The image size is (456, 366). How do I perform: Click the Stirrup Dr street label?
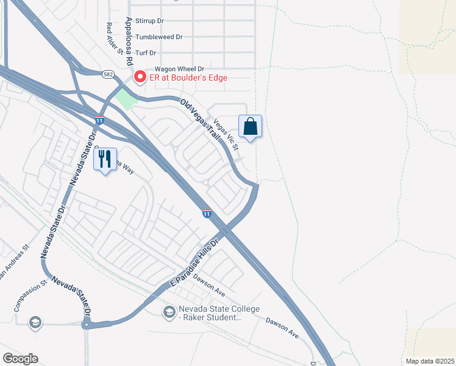pyautogui.click(x=150, y=21)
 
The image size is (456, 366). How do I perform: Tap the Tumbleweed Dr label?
pyautogui.click(x=159, y=37)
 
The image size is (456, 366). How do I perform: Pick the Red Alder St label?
pyautogui.click(x=110, y=38)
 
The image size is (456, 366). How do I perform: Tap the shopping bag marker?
pyautogui.click(x=250, y=127)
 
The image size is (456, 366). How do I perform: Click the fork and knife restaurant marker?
pyautogui.click(x=105, y=159)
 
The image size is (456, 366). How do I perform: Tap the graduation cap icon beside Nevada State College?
pyautogui.click(x=168, y=312)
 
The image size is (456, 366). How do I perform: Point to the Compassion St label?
pyautogui.click(x=30, y=296)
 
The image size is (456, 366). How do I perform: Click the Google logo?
pyautogui.click(x=20, y=359)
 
